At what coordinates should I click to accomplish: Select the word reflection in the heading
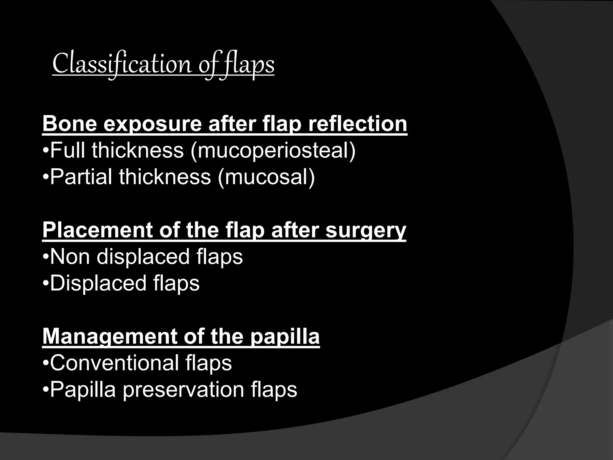pyautogui.click(x=358, y=124)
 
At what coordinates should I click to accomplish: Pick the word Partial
pyautogui.click(x=81, y=177)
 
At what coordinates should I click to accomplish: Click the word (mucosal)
pyautogui.click(x=266, y=177)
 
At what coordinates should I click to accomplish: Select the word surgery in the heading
pyautogui.click(x=365, y=231)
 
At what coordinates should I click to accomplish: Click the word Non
pyautogui.click(x=70, y=257)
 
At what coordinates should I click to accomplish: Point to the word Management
pyautogui.click(x=110, y=337)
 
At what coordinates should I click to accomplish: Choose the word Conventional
pyautogui.click(x=114, y=363)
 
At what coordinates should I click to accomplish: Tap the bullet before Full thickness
pyautogui.click(x=46, y=150)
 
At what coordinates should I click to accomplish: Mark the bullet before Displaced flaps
pyautogui.click(x=46, y=283)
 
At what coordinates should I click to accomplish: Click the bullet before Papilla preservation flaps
pyautogui.click(x=46, y=390)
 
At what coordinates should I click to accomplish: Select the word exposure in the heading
pyautogui.click(x=153, y=124)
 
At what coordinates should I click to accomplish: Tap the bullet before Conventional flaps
pyautogui.click(x=46, y=363)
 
